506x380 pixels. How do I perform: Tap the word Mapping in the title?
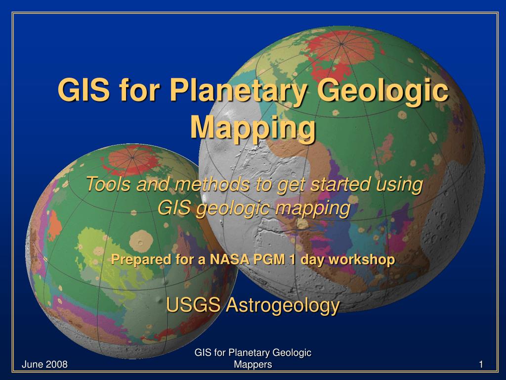(x=253, y=127)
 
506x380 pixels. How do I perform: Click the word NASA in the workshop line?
(x=229, y=259)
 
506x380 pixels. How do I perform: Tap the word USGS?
(x=193, y=305)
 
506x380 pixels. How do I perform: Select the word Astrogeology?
(x=282, y=306)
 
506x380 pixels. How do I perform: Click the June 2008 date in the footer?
(x=44, y=365)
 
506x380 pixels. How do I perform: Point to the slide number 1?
(x=480, y=365)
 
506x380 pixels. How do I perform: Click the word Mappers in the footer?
(x=253, y=365)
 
